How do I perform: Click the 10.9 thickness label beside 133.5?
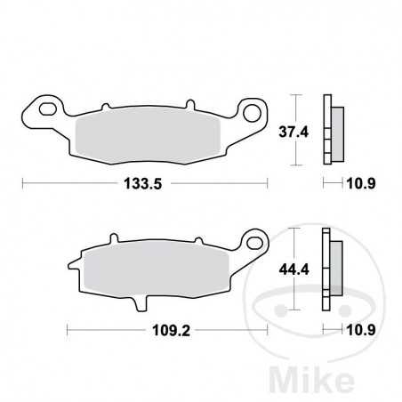tap(356, 184)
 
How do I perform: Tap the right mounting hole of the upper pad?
tap(252, 112)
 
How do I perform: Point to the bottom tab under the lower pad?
tap(138, 305)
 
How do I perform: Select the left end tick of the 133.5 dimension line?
tap(21, 184)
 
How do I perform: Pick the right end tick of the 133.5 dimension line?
tap(268, 184)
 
